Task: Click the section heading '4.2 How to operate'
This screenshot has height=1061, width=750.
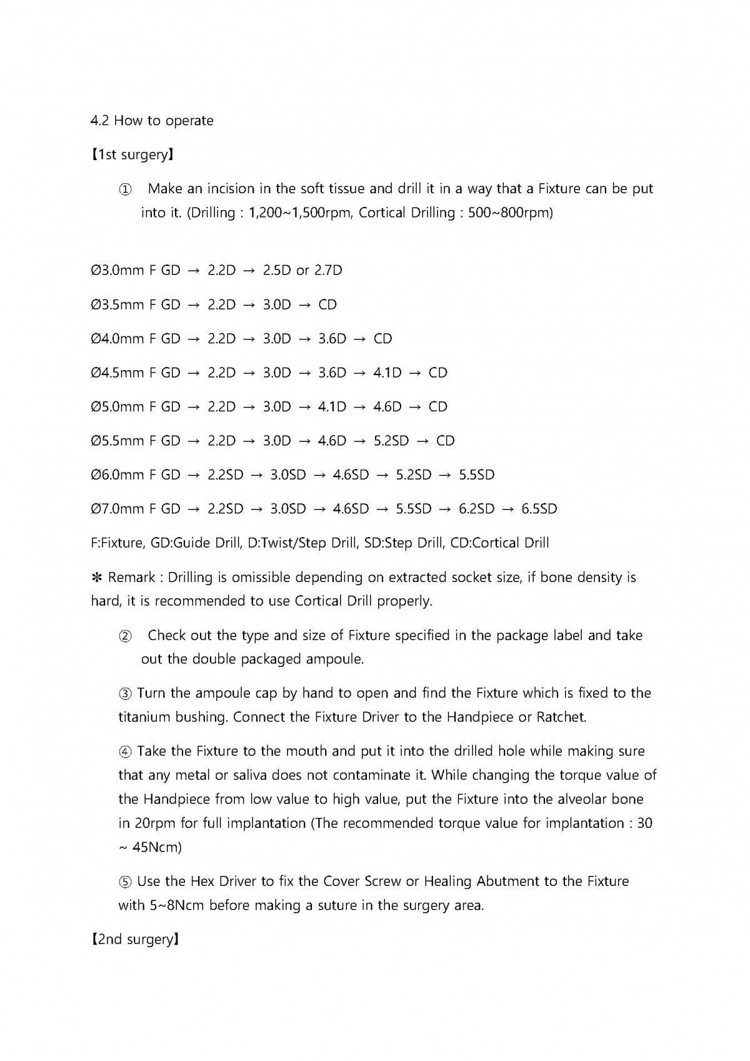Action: [152, 121]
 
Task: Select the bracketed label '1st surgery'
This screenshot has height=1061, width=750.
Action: [132, 154]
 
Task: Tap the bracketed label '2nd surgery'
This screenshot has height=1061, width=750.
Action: [136, 940]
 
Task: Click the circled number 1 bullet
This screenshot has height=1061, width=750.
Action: [125, 189]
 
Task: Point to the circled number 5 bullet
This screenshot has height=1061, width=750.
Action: [125, 882]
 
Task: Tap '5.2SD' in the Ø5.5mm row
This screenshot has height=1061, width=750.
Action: [391, 441]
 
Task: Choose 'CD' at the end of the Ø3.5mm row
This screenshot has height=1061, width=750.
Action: [327, 305]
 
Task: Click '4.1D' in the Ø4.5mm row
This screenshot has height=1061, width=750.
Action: [387, 373]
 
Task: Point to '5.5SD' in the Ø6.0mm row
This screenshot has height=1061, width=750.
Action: [477, 475]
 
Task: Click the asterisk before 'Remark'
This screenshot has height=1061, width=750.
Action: [97, 577]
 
